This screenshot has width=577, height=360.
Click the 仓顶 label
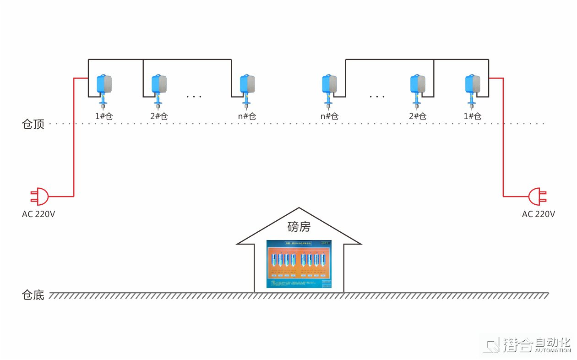pyautogui.click(x=33, y=124)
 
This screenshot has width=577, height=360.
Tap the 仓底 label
pyautogui.click(x=33, y=295)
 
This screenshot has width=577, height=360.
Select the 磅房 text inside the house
pyautogui.click(x=299, y=226)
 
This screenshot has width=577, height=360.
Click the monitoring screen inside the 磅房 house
pyautogui.click(x=299, y=264)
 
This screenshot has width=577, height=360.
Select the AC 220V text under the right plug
pyautogui.click(x=539, y=214)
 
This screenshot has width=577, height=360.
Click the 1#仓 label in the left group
pyautogui.click(x=104, y=116)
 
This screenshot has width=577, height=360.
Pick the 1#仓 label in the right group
pyautogui.click(x=473, y=116)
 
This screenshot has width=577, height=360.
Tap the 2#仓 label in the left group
pyautogui.click(x=159, y=116)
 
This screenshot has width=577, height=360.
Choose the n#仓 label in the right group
pyautogui.click(x=329, y=116)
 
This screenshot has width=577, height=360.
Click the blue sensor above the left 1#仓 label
pyautogui.click(x=104, y=89)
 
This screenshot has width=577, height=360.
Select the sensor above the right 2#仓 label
pyautogui.click(x=417, y=89)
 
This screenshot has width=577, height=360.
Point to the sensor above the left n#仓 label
pyautogui.click(x=247, y=89)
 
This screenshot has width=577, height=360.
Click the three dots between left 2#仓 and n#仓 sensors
pyautogui.click(x=194, y=97)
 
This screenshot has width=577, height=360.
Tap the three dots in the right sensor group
pyautogui.click(x=377, y=97)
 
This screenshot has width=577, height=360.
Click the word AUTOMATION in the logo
pyautogui.click(x=552, y=350)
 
